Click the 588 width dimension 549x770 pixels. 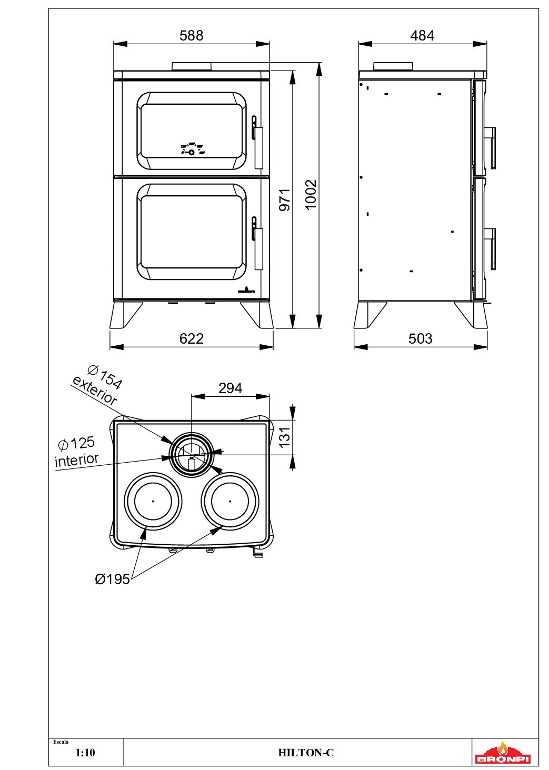[x=191, y=35]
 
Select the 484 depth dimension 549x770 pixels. [x=422, y=35]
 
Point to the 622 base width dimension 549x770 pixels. [x=191, y=338]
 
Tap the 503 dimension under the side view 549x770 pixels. [x=420, y=338]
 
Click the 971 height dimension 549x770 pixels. [x=285, y=199]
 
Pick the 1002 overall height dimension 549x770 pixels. [x=311, y=194]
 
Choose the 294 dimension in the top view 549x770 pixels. [x=230, y=388]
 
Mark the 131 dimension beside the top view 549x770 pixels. [x=284, y=437]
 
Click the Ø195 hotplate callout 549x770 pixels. [x=112, y=579]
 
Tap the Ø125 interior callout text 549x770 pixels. [x=77, y=452]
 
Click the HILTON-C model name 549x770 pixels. [x=306, y=753]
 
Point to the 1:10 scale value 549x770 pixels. [x=85, y=753]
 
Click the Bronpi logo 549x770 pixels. [x=503, y=753]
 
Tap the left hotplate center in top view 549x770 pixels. [x=153, y=501]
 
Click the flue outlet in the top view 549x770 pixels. [x=192, y=454]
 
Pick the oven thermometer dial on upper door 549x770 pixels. [x=192, y=152]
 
